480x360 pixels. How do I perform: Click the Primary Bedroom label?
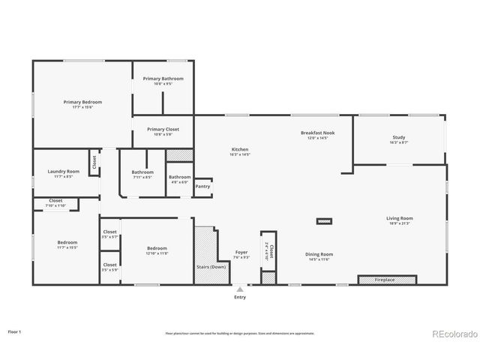coord(82,102)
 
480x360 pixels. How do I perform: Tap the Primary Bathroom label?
coord(163,79)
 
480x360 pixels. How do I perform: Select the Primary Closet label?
coord(163,129)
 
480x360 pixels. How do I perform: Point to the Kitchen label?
coord(239,150)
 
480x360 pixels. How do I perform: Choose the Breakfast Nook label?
coord(317,133)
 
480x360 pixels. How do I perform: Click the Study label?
coord(399,137)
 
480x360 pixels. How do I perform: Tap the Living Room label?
coord(400,219)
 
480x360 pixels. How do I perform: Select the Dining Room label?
coord(319,254)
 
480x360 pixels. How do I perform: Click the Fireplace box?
coord(386,280)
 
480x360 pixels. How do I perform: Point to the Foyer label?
coord(241,253)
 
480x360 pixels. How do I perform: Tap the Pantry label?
coord(202,186)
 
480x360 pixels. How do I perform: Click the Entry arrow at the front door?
coord(240,288)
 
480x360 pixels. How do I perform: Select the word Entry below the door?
coord(240,297)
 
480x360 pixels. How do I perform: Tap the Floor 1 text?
coord(14,331)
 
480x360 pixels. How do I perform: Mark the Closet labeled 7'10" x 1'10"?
coord(56,201)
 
